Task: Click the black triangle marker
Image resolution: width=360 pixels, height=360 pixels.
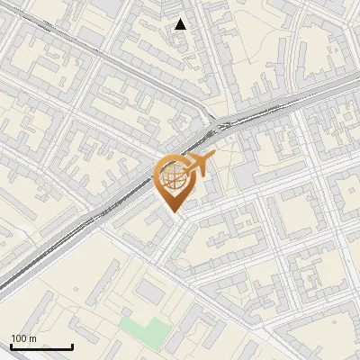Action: [x=181, y=24]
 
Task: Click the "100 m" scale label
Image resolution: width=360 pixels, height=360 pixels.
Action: [x=23, y=338]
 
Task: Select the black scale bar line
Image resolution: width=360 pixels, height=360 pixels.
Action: [x=41, y=347]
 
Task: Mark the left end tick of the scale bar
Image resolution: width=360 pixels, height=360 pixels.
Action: [x=11, y=346]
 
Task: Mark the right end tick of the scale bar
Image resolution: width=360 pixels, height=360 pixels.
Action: [x=72, y=346]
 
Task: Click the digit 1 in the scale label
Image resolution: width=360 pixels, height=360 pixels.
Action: [x=13, y=338]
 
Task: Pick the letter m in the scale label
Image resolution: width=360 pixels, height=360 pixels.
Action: [x=32, y=339]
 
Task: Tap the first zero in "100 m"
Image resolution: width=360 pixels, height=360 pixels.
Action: [x=18, y=338]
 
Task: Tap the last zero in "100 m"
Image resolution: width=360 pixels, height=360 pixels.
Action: [x=23, y=338]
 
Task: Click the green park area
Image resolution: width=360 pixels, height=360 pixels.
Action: [x=145, y=329]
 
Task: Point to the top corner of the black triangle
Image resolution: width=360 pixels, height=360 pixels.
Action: [x=181, y=19]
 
